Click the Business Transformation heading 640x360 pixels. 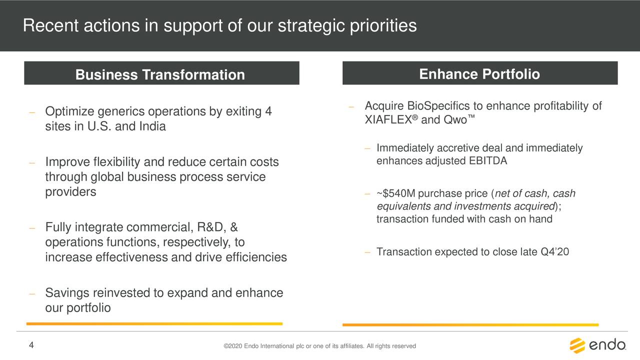(160, 74)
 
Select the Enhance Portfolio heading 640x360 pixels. (479, 74)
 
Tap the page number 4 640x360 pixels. (31, 345)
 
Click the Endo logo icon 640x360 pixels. (577, 345)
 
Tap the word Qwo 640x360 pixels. (455, 119)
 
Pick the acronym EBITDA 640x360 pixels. (488, 161)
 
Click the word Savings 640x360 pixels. (67, 293)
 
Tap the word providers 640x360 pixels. (70, 192)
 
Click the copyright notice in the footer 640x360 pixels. (319, 346)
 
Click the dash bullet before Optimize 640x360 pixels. (32, 112)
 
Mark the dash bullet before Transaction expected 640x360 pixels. (367, 252)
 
